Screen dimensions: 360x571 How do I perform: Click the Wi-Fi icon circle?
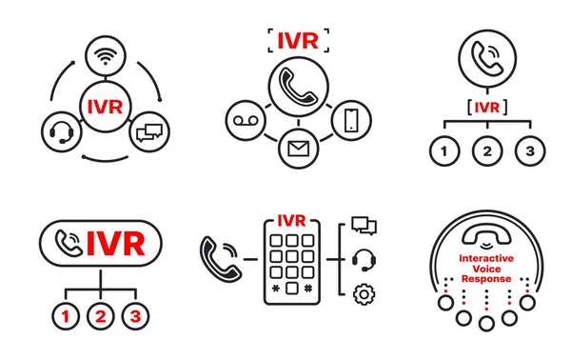[x=104, y=57]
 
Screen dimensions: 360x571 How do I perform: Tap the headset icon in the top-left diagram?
[x=59, y=130]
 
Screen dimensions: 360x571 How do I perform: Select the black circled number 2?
[x=485, y=150]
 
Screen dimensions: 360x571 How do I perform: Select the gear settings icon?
[x=363, y=294]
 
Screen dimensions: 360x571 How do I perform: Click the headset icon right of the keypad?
[x=363, y=259]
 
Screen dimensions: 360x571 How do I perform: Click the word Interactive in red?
[x=485, y=258]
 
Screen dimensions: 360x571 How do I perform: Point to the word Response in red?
[x=485, y=279]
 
